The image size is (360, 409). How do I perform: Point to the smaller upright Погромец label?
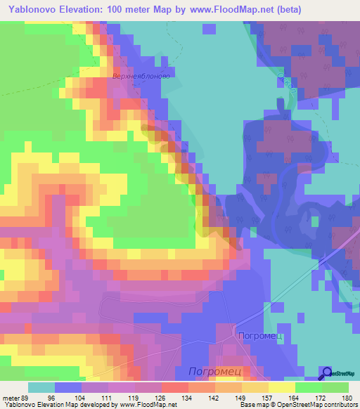[260, 336]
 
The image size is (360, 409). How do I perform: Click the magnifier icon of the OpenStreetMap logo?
[327, 372]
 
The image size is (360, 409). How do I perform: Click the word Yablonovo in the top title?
[40, 10]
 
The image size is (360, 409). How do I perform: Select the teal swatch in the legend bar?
[41, 387]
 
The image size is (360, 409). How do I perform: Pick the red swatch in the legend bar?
[174, 387]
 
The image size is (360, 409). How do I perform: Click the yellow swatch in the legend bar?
[281, 387]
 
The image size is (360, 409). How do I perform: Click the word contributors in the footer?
[339, 405]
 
